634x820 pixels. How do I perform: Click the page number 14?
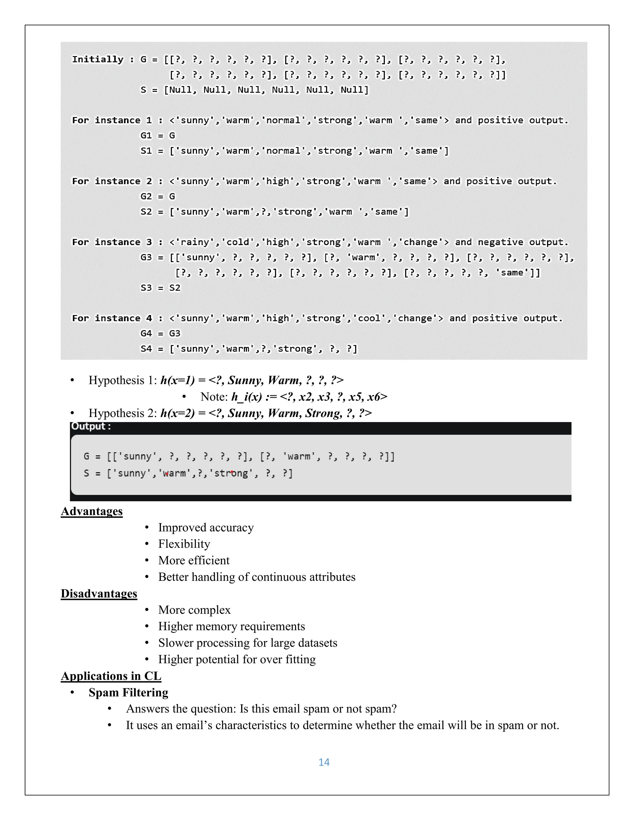click(324, 762)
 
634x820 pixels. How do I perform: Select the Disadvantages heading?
click(99, 593)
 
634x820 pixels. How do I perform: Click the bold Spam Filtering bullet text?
click(128, 692)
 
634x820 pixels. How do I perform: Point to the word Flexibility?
click(184, 544)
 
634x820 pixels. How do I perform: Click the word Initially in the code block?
click(98, 59)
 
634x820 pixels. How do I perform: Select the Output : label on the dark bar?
click(91, 426)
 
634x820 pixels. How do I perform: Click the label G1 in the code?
click(146, 136)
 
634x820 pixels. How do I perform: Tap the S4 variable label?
click(146, 349)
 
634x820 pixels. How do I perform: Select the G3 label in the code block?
click(146, 257)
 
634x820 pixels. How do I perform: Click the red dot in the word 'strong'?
click(232, 472)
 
